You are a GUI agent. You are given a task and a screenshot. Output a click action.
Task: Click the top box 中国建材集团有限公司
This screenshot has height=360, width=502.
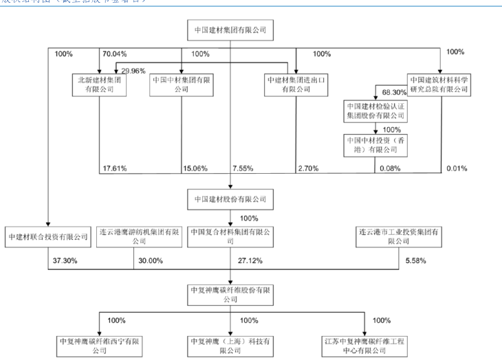coord(230,30)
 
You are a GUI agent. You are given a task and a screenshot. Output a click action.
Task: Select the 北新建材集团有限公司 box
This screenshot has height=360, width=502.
coord(99,84)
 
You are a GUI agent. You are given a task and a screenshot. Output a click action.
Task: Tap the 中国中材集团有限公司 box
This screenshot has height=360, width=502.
coord(180,84)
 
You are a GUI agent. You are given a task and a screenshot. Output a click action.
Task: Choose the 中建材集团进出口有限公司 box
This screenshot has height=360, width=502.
coord(295,84)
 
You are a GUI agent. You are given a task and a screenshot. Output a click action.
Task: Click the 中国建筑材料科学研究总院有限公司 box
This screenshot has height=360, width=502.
coord(439,84)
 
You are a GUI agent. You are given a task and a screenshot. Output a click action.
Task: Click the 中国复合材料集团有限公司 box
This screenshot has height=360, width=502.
coord(230,237)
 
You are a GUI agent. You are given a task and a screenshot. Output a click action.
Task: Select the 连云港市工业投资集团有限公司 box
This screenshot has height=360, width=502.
coord(399,237)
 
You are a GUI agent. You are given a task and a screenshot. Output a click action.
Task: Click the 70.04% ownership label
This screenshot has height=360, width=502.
coord(113,54)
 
